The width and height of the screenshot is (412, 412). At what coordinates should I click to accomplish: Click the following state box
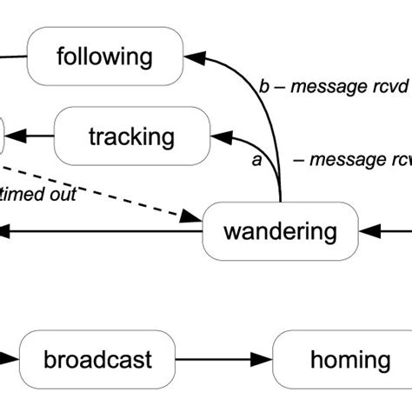105,58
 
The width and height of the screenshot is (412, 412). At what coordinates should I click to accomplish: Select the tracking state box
131,136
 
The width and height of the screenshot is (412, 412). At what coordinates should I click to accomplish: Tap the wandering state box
279,231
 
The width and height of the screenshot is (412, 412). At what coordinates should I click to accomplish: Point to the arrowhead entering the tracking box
221,136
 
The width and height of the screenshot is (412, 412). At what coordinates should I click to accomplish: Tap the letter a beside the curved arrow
256,161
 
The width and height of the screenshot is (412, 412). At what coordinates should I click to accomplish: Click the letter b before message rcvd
265,87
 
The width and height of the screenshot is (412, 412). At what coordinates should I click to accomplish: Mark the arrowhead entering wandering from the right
368,231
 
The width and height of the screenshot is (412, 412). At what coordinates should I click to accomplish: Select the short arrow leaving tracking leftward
31,136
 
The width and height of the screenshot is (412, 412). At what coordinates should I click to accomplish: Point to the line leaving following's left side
13,59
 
